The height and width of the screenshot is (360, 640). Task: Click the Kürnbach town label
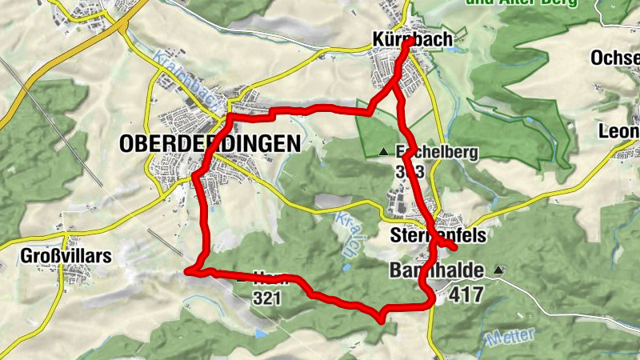(412, 38)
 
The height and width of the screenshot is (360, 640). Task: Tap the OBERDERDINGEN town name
(210, 144)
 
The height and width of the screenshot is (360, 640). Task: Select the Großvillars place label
(55, 257)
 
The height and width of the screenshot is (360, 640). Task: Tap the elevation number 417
(466, 294)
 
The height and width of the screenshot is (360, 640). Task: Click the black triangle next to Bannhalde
(500, 270)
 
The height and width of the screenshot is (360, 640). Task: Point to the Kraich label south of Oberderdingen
(344, 232)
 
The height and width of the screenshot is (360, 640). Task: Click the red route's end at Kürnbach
(407, 45)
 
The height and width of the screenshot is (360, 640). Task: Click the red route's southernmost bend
(382, 318)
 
